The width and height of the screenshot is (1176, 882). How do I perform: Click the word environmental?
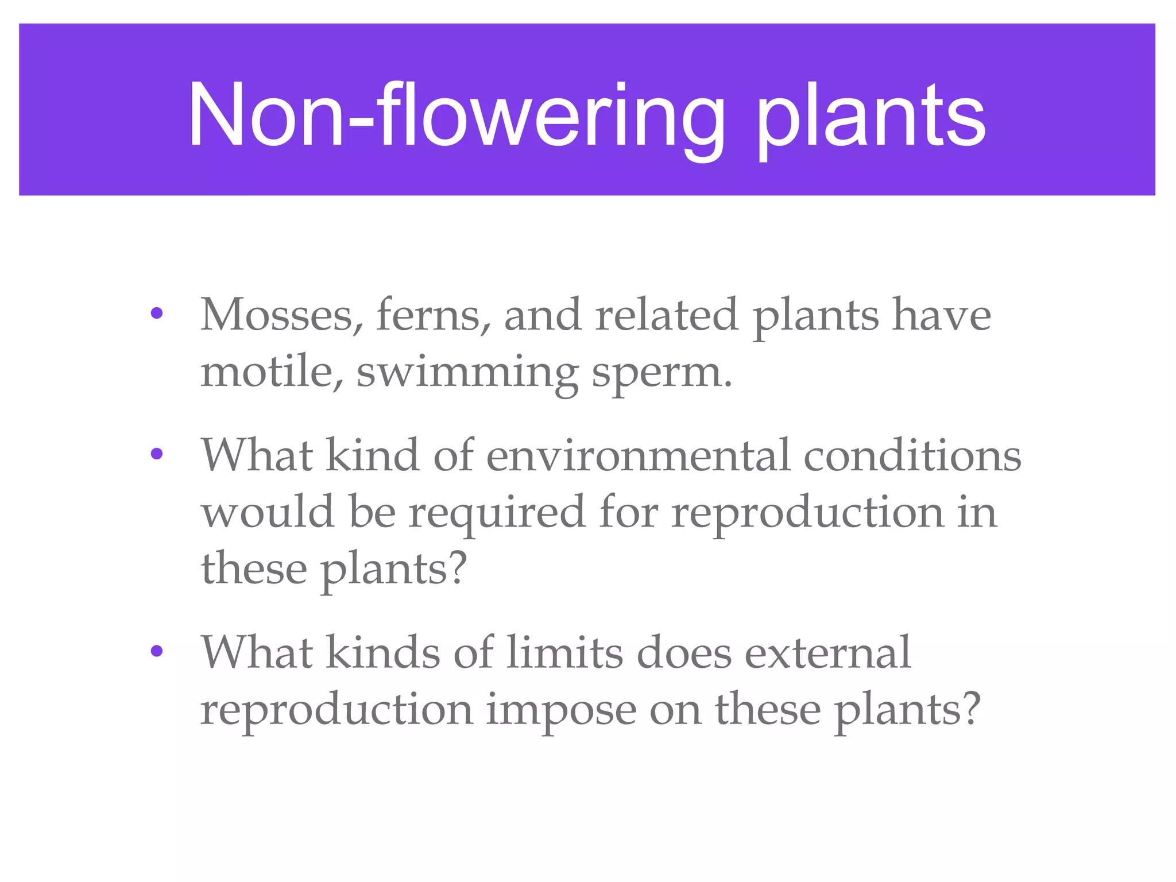click(638, 455)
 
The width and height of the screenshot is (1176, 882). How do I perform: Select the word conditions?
click(912, 455)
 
